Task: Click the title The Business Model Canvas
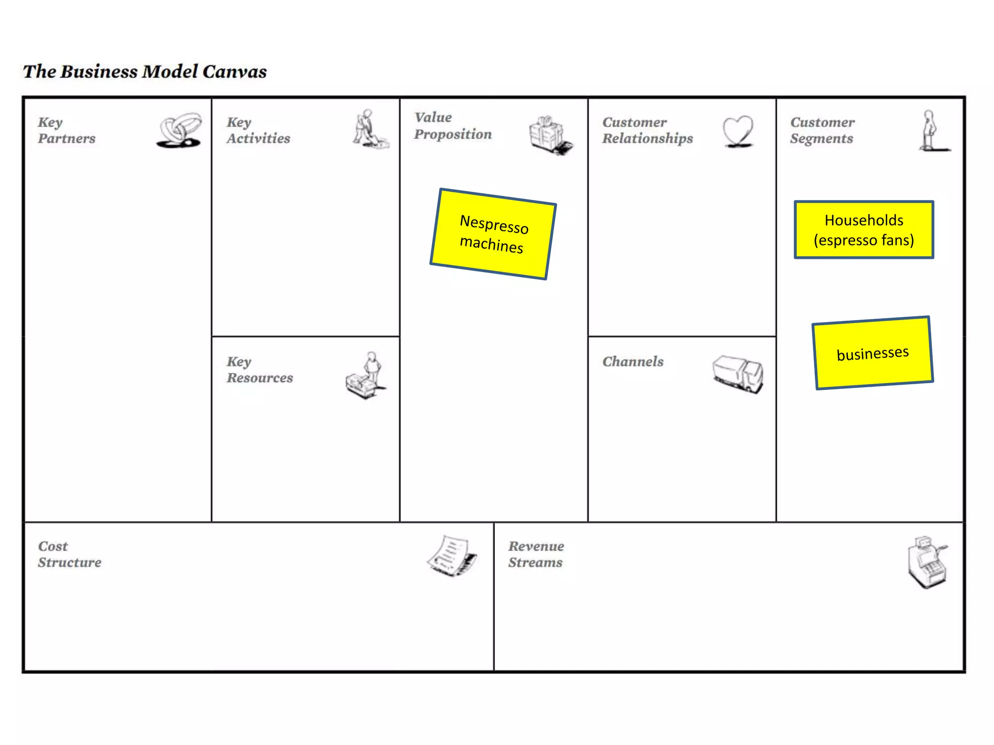point(145,72)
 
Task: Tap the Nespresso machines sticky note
point(493,234)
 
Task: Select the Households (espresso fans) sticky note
point(864,230)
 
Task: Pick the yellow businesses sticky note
point(873,353)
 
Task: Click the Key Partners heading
point(66,130)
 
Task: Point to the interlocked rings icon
point(180,130)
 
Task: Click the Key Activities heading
point(258,130)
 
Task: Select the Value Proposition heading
point(452,126)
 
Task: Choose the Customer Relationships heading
point(647,130)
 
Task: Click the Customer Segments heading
point(822,130)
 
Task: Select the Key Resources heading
point(260,370)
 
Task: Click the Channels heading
point(633,362)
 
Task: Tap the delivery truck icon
point(738,373)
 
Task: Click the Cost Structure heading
point(69,554)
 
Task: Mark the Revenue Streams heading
point(536,554)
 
